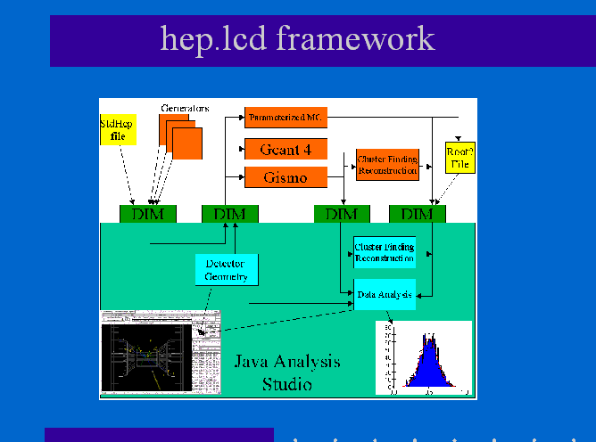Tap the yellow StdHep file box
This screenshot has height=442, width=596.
click(118, 130)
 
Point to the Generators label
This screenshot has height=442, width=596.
click(185, 108)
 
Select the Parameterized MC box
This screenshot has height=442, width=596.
click(286, 117)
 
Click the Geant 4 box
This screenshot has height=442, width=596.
click(286, 149)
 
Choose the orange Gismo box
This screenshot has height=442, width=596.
click(286, 177)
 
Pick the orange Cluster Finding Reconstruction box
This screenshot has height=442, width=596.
click(387, 165)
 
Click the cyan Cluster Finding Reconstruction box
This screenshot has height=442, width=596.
click(385, 252)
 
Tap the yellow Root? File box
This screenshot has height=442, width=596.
click(459, 158)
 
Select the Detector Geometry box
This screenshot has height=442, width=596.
click(227, 270)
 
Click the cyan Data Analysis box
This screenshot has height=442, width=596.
click(385, 294)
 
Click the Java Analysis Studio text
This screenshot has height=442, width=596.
click(287, 372)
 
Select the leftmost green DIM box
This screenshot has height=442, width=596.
click(148, 214)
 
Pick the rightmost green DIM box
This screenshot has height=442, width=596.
click(417, 214)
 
